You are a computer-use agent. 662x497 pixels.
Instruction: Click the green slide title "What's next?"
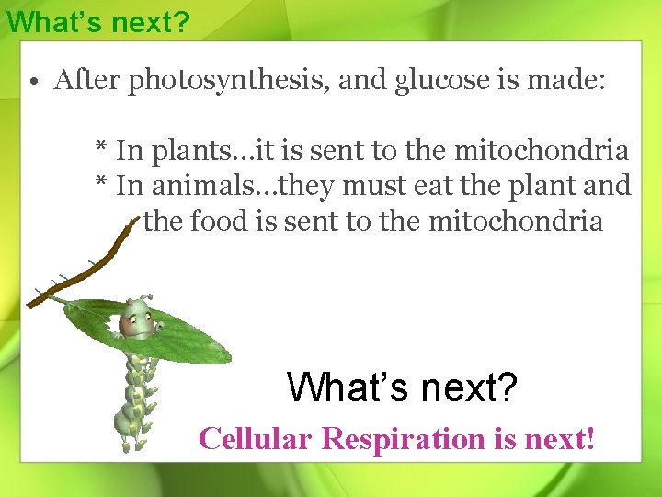pyautogui.click(x=97, y=21)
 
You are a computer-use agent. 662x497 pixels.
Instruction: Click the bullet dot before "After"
pyautogui.click(x=32, y=82)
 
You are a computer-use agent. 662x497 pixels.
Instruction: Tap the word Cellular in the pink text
pyautogui.click(x=256, y=438)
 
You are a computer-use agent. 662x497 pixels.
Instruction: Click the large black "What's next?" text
pyautogui.click(x=403, y=387)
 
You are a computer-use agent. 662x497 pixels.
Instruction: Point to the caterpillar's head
pyautogui.click(x=136, y=318)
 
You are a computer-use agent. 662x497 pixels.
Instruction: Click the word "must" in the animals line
pyautogui.click(x=380, y=186)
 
